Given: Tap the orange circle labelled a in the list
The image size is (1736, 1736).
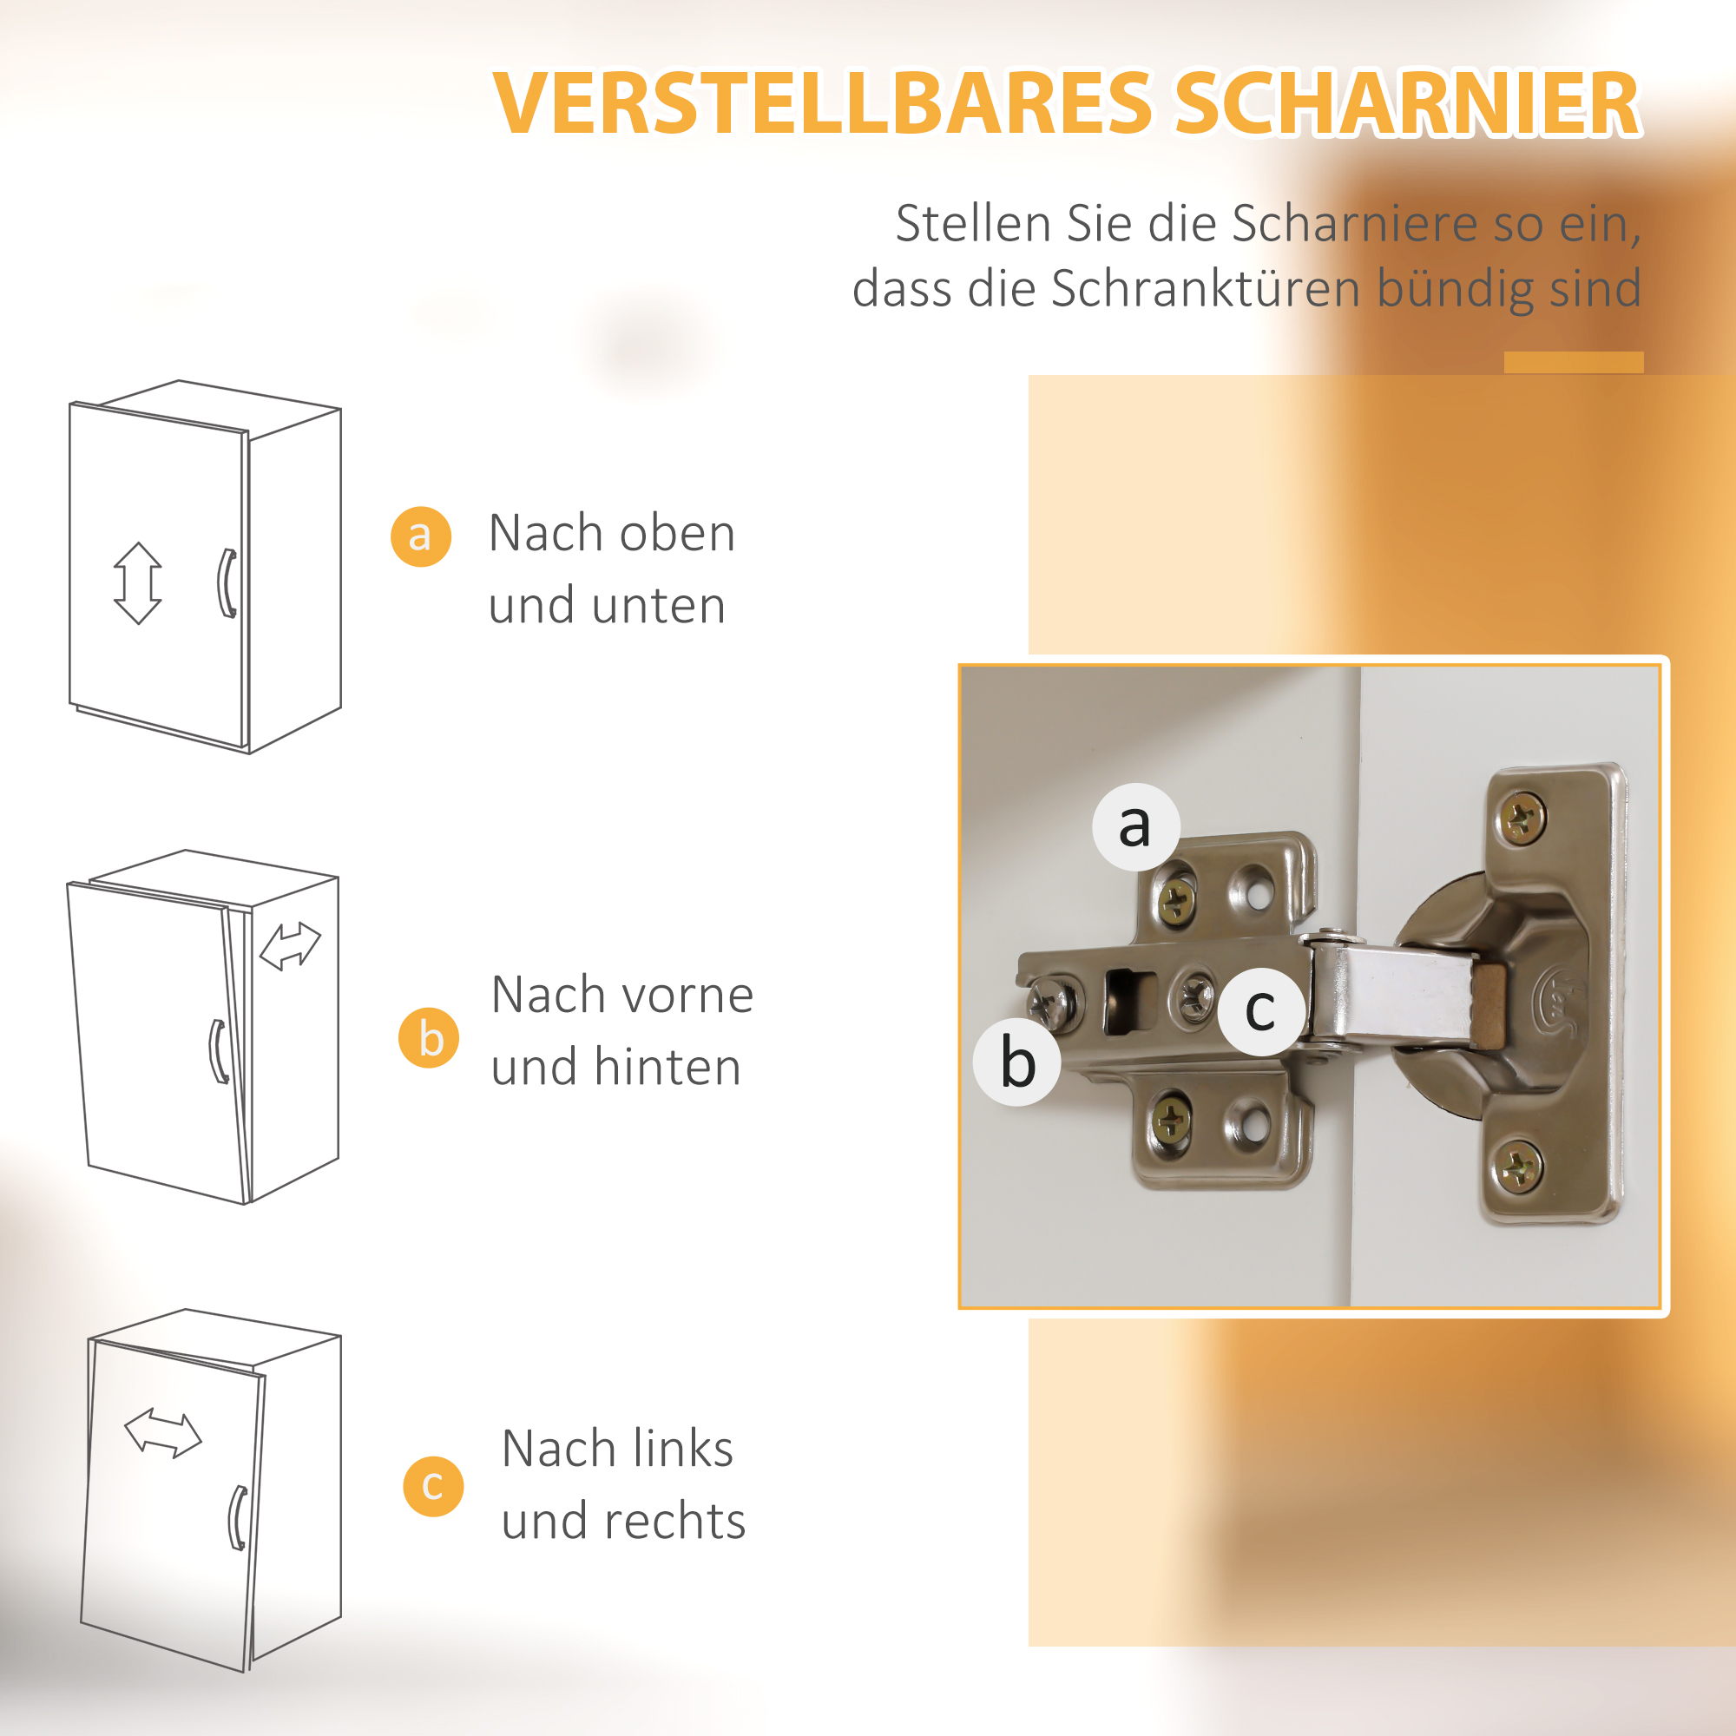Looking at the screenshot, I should click(420, 536).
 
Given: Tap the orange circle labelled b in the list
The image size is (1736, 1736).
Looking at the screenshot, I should click(429, 1038).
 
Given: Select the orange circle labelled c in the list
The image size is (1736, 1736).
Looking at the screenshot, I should click(433, 1486).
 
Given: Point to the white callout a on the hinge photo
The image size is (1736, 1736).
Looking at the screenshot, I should click(1135, 826).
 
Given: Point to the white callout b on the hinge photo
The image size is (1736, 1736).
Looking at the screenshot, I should click(1017, 1062).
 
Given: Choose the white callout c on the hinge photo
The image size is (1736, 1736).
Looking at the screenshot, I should click(1260, 1011).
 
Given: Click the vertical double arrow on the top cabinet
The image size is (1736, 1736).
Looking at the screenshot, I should click(137, 583).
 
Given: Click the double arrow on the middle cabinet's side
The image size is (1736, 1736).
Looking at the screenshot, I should click(289, 947).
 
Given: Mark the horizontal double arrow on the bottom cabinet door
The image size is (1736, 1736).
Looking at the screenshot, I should click(162, 1433).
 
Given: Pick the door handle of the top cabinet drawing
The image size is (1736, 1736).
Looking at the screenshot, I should click(227, 583).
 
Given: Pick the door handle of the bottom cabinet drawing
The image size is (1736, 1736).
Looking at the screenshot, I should click(237, 1517).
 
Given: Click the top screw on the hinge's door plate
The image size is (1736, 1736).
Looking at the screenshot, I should click(1522, 817).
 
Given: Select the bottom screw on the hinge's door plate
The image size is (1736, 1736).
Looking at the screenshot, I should click(1518, 1168).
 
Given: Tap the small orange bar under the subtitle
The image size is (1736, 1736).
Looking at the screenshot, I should click(1574, 362).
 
